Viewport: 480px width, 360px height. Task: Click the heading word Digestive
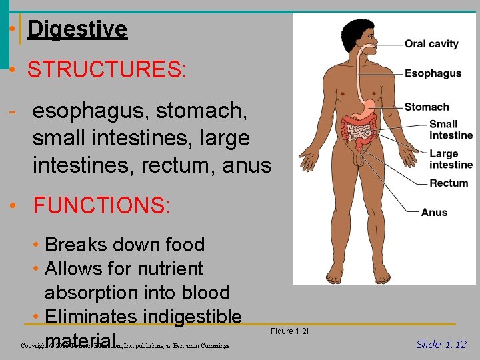click(77, 29)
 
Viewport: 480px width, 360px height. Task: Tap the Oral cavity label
click(431, 44)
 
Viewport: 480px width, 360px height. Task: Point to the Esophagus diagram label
click(433, 73)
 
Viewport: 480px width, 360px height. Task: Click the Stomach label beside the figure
click(427, 107)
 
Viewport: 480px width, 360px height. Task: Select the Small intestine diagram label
click(451, 129)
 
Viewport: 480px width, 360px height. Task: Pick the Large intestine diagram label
click(451, 159)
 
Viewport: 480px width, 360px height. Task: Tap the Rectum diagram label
click(449, 183)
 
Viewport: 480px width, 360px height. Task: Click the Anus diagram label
click(434, 213)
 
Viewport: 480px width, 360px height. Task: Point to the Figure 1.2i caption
click(289, 331)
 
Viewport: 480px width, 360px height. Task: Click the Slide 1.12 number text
click(441, 344)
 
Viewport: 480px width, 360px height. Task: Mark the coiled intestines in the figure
click(359, 132)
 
